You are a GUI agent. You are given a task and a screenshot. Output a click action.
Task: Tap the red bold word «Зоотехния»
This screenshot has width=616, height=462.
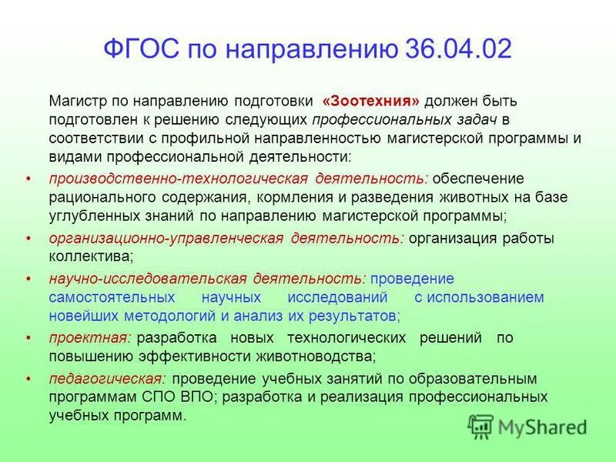[371, 102]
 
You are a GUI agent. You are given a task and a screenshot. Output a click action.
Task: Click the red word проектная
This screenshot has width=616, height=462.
[80, 338]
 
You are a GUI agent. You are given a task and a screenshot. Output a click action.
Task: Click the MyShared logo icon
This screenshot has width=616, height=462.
[481, 425]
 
